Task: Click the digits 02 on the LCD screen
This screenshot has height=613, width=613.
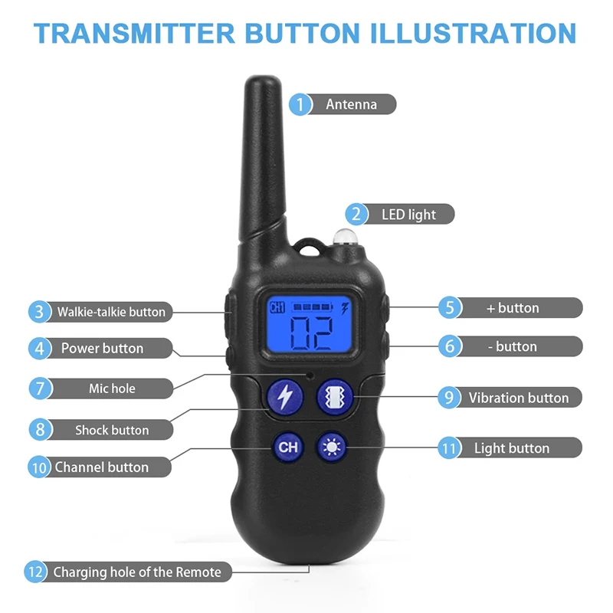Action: click(310, 331)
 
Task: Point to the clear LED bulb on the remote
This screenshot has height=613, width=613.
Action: click(342, 238)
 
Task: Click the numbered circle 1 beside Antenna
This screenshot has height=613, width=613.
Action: click(300, 103)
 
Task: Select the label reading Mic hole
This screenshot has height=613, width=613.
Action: click(112, 388)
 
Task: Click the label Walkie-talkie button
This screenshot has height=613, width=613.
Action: click(110, 312)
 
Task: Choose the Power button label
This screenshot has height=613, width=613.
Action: click(102, 349)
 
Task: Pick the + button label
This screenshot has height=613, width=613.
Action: click(513, 308)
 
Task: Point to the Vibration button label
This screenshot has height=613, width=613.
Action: click(518, 398)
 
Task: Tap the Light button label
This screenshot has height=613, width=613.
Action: click(511, 448)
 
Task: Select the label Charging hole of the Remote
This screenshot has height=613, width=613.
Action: click(136, 572)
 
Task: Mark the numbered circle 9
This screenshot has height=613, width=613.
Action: click(449, 398)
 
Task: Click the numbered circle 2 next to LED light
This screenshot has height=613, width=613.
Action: click(356, 215)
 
